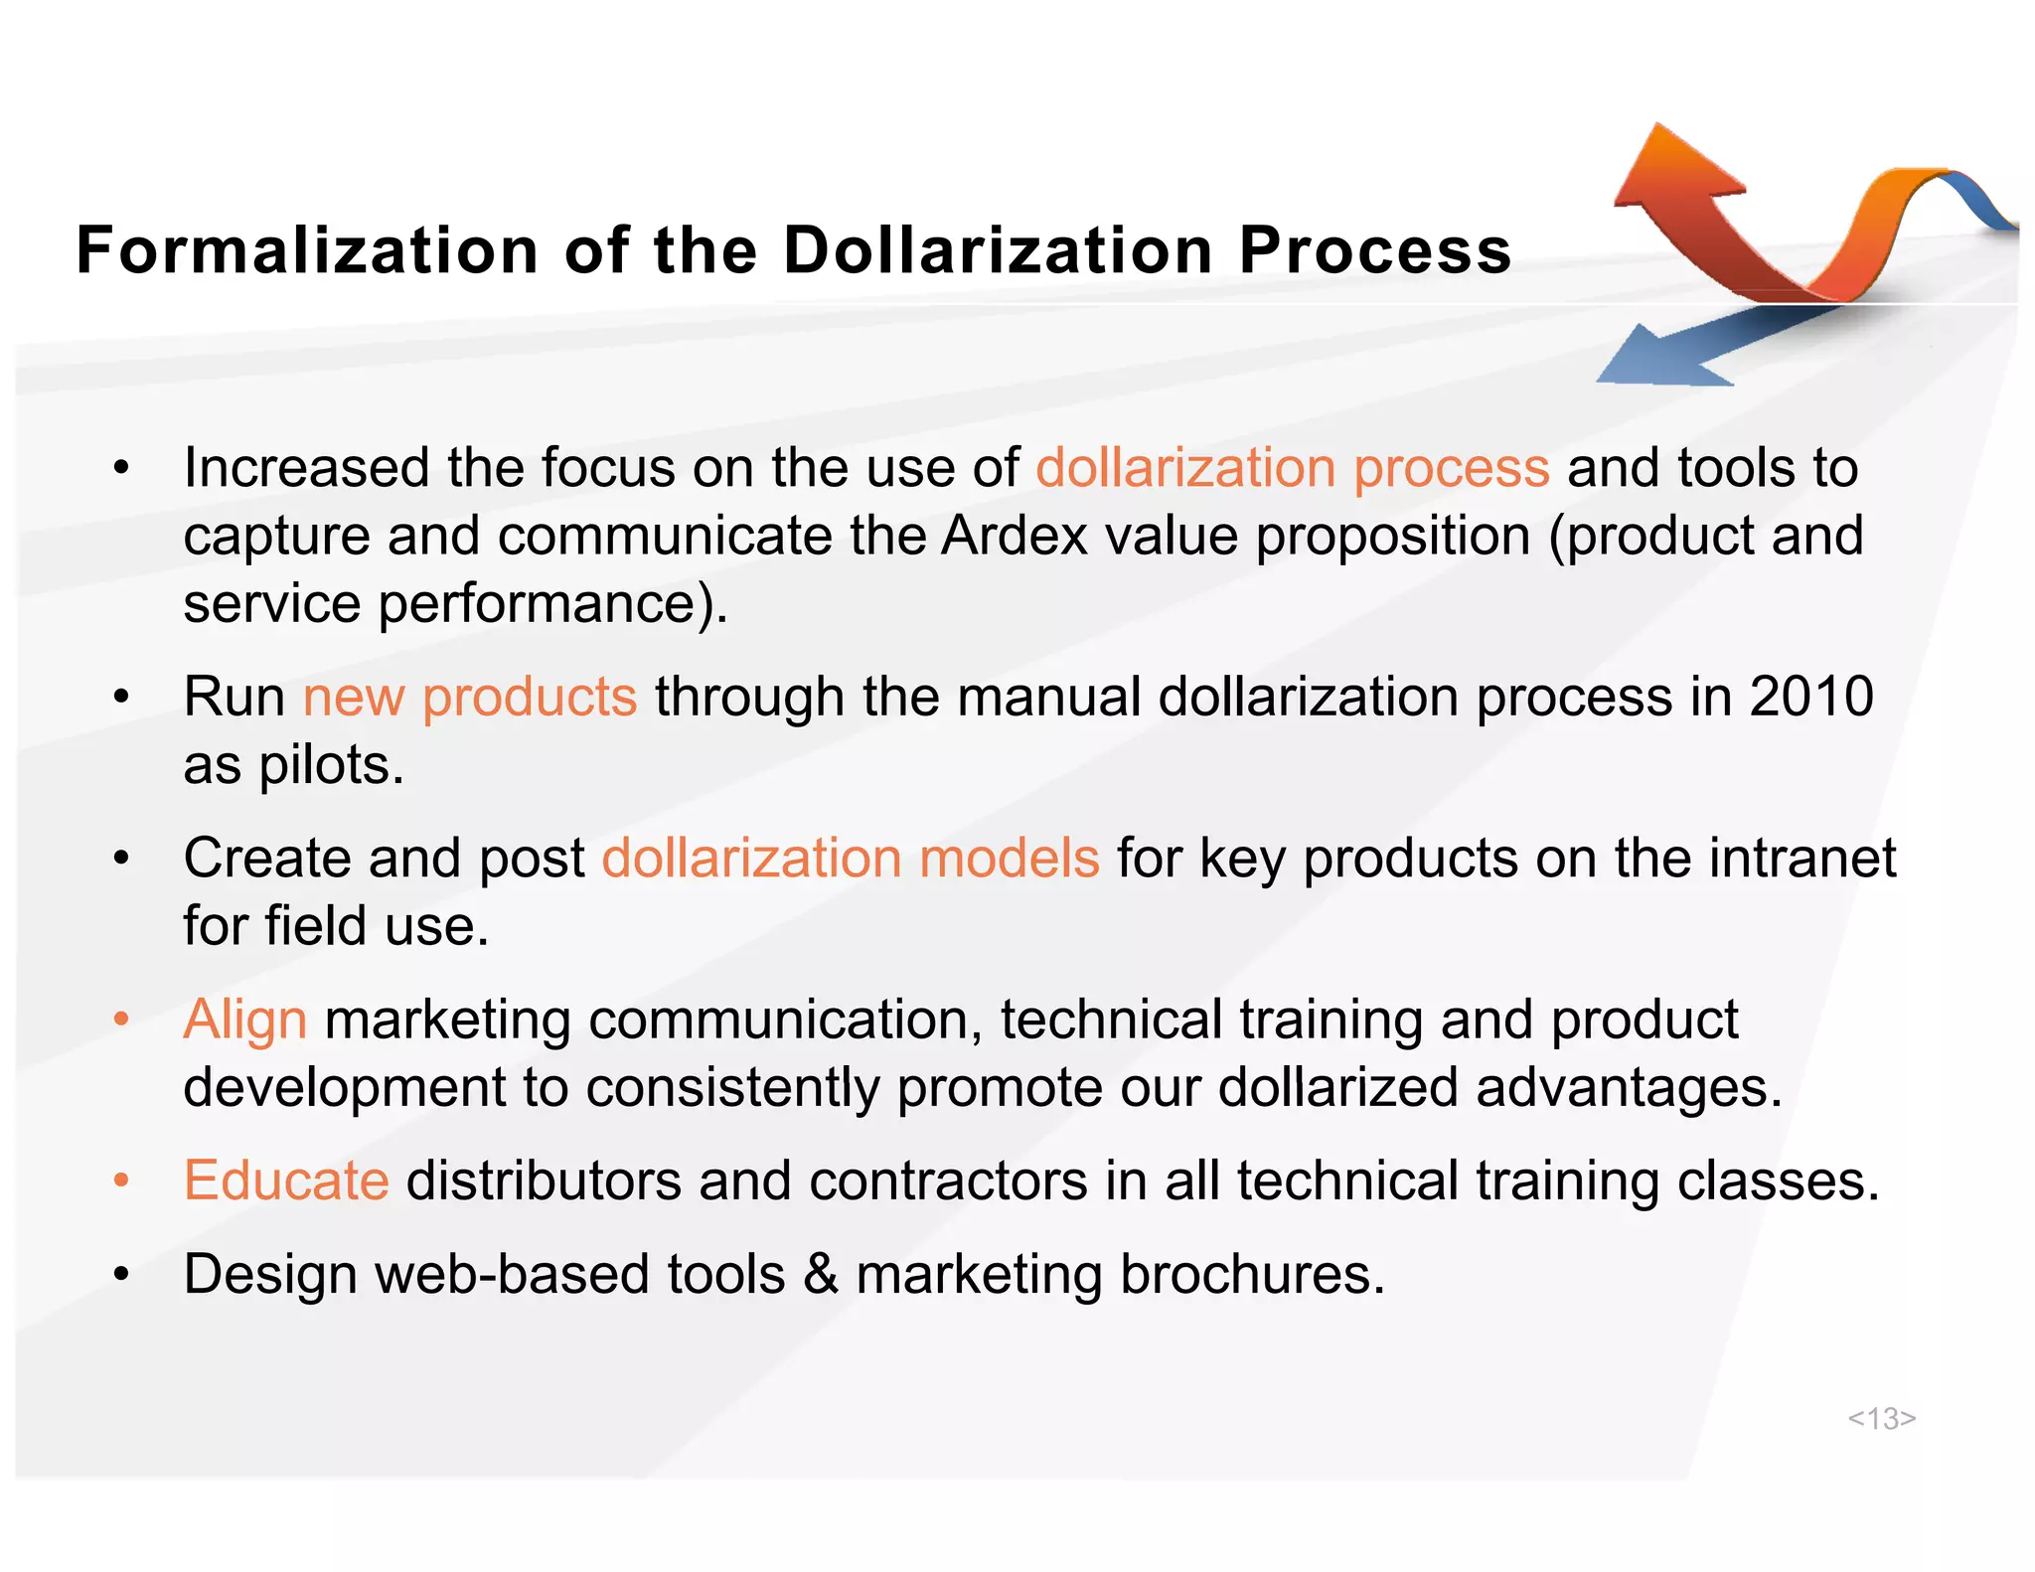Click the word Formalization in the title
[x=307, y=249]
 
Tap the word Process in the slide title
[x=1375, y=249]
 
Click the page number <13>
[x=1881, y=1418]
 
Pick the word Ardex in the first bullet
[x=1015, y=536]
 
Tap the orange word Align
[x=245, y=1020]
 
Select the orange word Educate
[x=286, y=1180]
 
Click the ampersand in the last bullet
[x=821, y=1274]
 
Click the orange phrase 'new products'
[x=470, y=696]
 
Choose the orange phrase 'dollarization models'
[x=851, y=858]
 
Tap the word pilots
[x=331, y=765]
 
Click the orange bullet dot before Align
[x=121, y=1020]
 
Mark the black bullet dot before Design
[x=121, y=1274]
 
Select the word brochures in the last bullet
[x=1252, y=1274]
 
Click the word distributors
[x=544, y=1180]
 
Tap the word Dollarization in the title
[x=998, y=249]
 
